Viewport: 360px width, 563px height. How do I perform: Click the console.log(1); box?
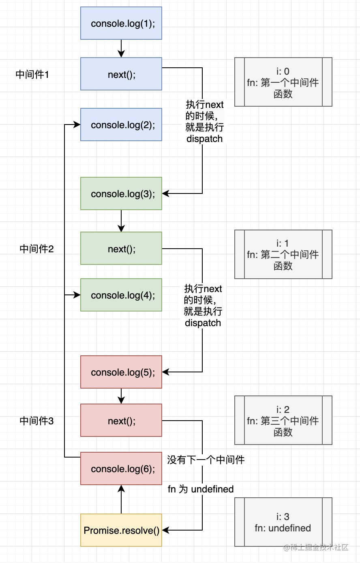click(x=121, y=23)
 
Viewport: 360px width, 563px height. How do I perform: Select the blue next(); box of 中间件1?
click(x=121, y=74)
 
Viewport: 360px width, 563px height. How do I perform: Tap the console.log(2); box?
click(x=121, y=125)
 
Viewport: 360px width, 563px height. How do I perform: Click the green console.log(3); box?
click(x=121, y=193)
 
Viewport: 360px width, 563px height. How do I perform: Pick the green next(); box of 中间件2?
click(x=121, y=248)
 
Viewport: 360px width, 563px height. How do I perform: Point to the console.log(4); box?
click(x=121, y=295)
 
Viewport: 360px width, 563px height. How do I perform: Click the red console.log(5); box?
click(x=121, y=372)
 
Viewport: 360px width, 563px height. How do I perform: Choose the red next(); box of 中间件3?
click(x=121, y=420)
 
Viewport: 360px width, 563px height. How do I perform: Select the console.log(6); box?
click(x=121, y=468)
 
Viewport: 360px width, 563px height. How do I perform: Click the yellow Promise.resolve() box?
click(x=121, y=530)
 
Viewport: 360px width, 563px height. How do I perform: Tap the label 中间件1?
click(x=32, y=75)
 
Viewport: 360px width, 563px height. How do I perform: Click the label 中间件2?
click(x=36, y=249)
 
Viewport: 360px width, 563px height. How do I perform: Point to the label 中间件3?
click(x=36, y=421)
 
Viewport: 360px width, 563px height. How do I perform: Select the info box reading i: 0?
click(x=283, y=82)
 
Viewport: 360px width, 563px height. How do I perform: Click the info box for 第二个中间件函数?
click(x=283, y=254)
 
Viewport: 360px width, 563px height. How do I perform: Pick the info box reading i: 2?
click(x=283, y=420)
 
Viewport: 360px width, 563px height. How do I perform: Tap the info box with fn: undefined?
click(x=283, y=522)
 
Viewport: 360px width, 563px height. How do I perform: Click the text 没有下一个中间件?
click(x=206, y=460)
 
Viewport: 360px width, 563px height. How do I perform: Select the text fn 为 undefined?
click(x=201, y=489)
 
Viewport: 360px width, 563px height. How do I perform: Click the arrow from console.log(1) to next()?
click(x=121, y=49)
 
